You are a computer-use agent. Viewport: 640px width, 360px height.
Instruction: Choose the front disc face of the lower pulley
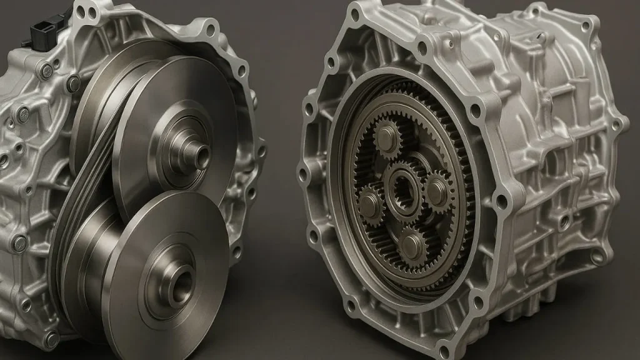pyautogui.click(x=150, y=275)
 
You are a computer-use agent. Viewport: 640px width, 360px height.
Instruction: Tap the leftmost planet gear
pyautogui.click(x=370, y=203)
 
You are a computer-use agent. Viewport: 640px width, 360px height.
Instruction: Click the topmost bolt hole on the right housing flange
pyautogui.click(x=356, y=12)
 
